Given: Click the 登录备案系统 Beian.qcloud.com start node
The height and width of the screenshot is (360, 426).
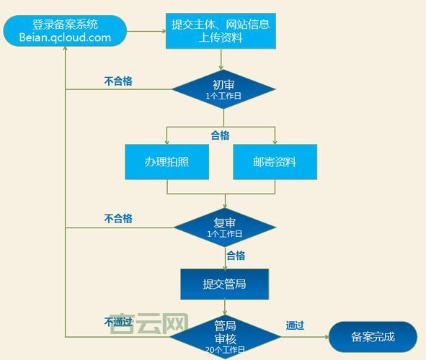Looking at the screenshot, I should pyautogui.click(x=65, y=31).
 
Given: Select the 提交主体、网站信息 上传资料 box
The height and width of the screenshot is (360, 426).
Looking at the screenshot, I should pyautogui.click(x=220, y=31).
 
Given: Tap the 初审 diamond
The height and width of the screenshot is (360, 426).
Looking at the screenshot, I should pyautogui.click(x=224, y=89).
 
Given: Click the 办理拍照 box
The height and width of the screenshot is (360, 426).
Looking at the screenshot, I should pyautogui.click(x=167, y=162).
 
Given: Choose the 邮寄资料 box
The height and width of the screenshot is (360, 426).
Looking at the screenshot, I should pyautogui.click(x=275, y=162).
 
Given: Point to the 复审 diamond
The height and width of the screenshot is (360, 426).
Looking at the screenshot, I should pyautogui.click(x=224, y=228).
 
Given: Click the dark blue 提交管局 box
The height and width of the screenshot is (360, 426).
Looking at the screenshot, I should pyautogui.click(x=224, y=284).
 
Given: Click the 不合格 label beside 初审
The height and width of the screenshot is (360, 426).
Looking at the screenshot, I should pyautogui.click(x=117, y=81).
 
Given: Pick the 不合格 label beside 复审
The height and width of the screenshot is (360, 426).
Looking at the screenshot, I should pyautogui.click(x=117, y=218).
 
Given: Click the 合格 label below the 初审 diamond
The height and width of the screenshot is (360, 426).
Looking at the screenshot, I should pyautogui.click(x=220, y=135).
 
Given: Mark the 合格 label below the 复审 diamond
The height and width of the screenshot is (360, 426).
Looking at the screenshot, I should pyautogui.click(x=236, y=256).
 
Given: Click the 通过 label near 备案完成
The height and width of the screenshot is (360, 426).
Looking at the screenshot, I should pyautogui.click(x=295, y=325).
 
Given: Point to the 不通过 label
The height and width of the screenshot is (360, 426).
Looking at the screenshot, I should pyautogui.click(x=117, y=321).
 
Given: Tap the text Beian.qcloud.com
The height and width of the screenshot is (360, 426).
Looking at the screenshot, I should pyautogui.click(x=65, y=37).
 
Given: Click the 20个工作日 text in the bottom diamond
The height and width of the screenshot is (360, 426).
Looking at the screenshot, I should pyautogui.click(x=224, y=350).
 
